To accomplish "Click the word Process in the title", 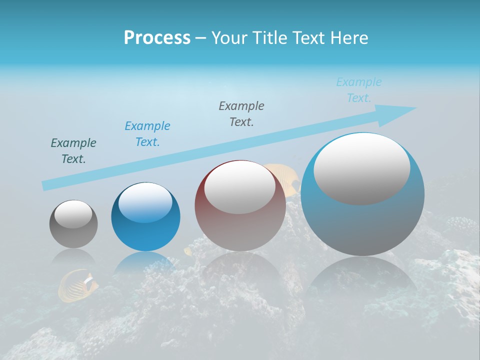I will point(157,38).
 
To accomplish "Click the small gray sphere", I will point(73,235).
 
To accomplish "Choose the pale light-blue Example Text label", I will point(359,90).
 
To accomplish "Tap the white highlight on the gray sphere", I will point(73,214).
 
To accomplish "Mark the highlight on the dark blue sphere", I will point(145,202).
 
